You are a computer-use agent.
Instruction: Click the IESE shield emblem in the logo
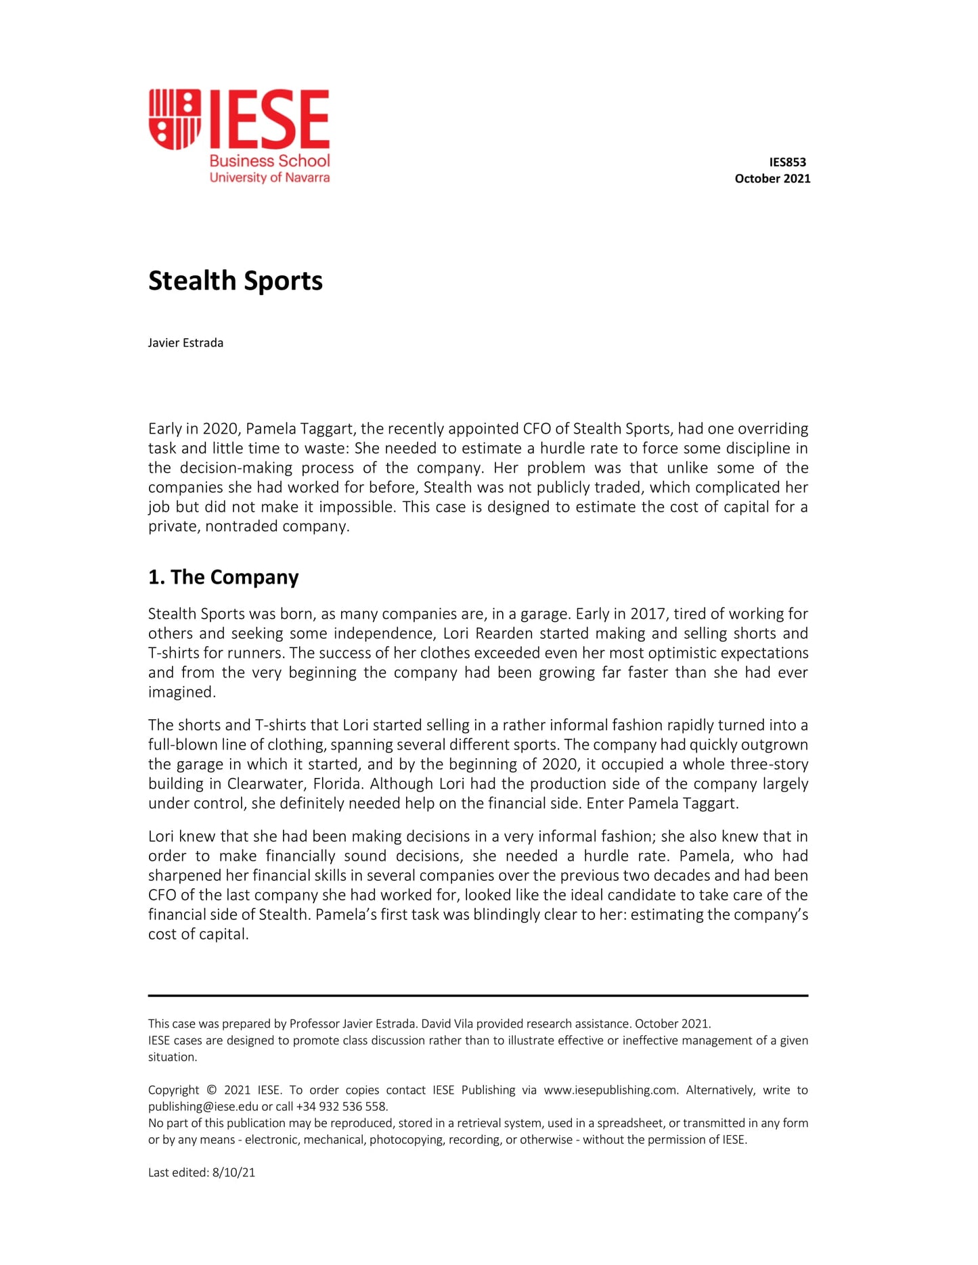[175, 119]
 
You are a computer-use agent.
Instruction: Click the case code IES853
[787, 162]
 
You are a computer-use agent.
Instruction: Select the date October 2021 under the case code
[772, 179]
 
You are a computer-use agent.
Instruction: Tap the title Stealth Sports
[236, 281]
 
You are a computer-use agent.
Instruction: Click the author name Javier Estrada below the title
[185, 343]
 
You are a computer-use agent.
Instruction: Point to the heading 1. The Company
[223, 577]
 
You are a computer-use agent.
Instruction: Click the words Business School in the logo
[269, 161]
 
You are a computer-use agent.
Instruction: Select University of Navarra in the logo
[269, 178]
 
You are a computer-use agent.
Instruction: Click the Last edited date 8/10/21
[234, 1172]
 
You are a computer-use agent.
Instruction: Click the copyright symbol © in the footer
[211, 1090]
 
